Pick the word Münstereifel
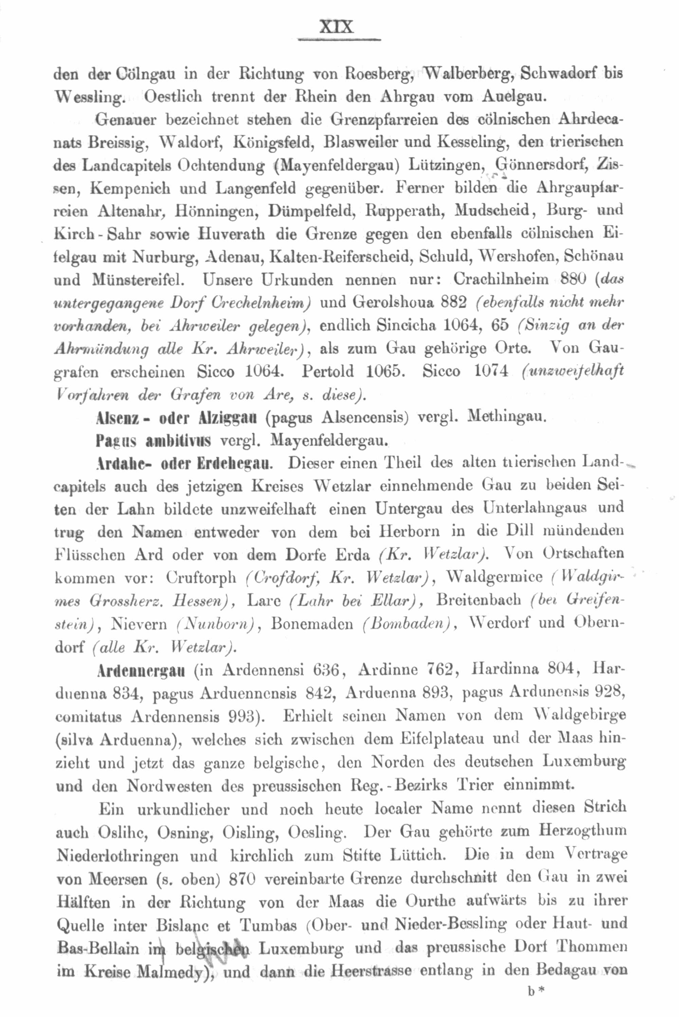[x=139, y=280]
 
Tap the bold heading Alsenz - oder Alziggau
[x=177, y=418]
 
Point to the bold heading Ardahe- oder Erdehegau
[x=184, y=464]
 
